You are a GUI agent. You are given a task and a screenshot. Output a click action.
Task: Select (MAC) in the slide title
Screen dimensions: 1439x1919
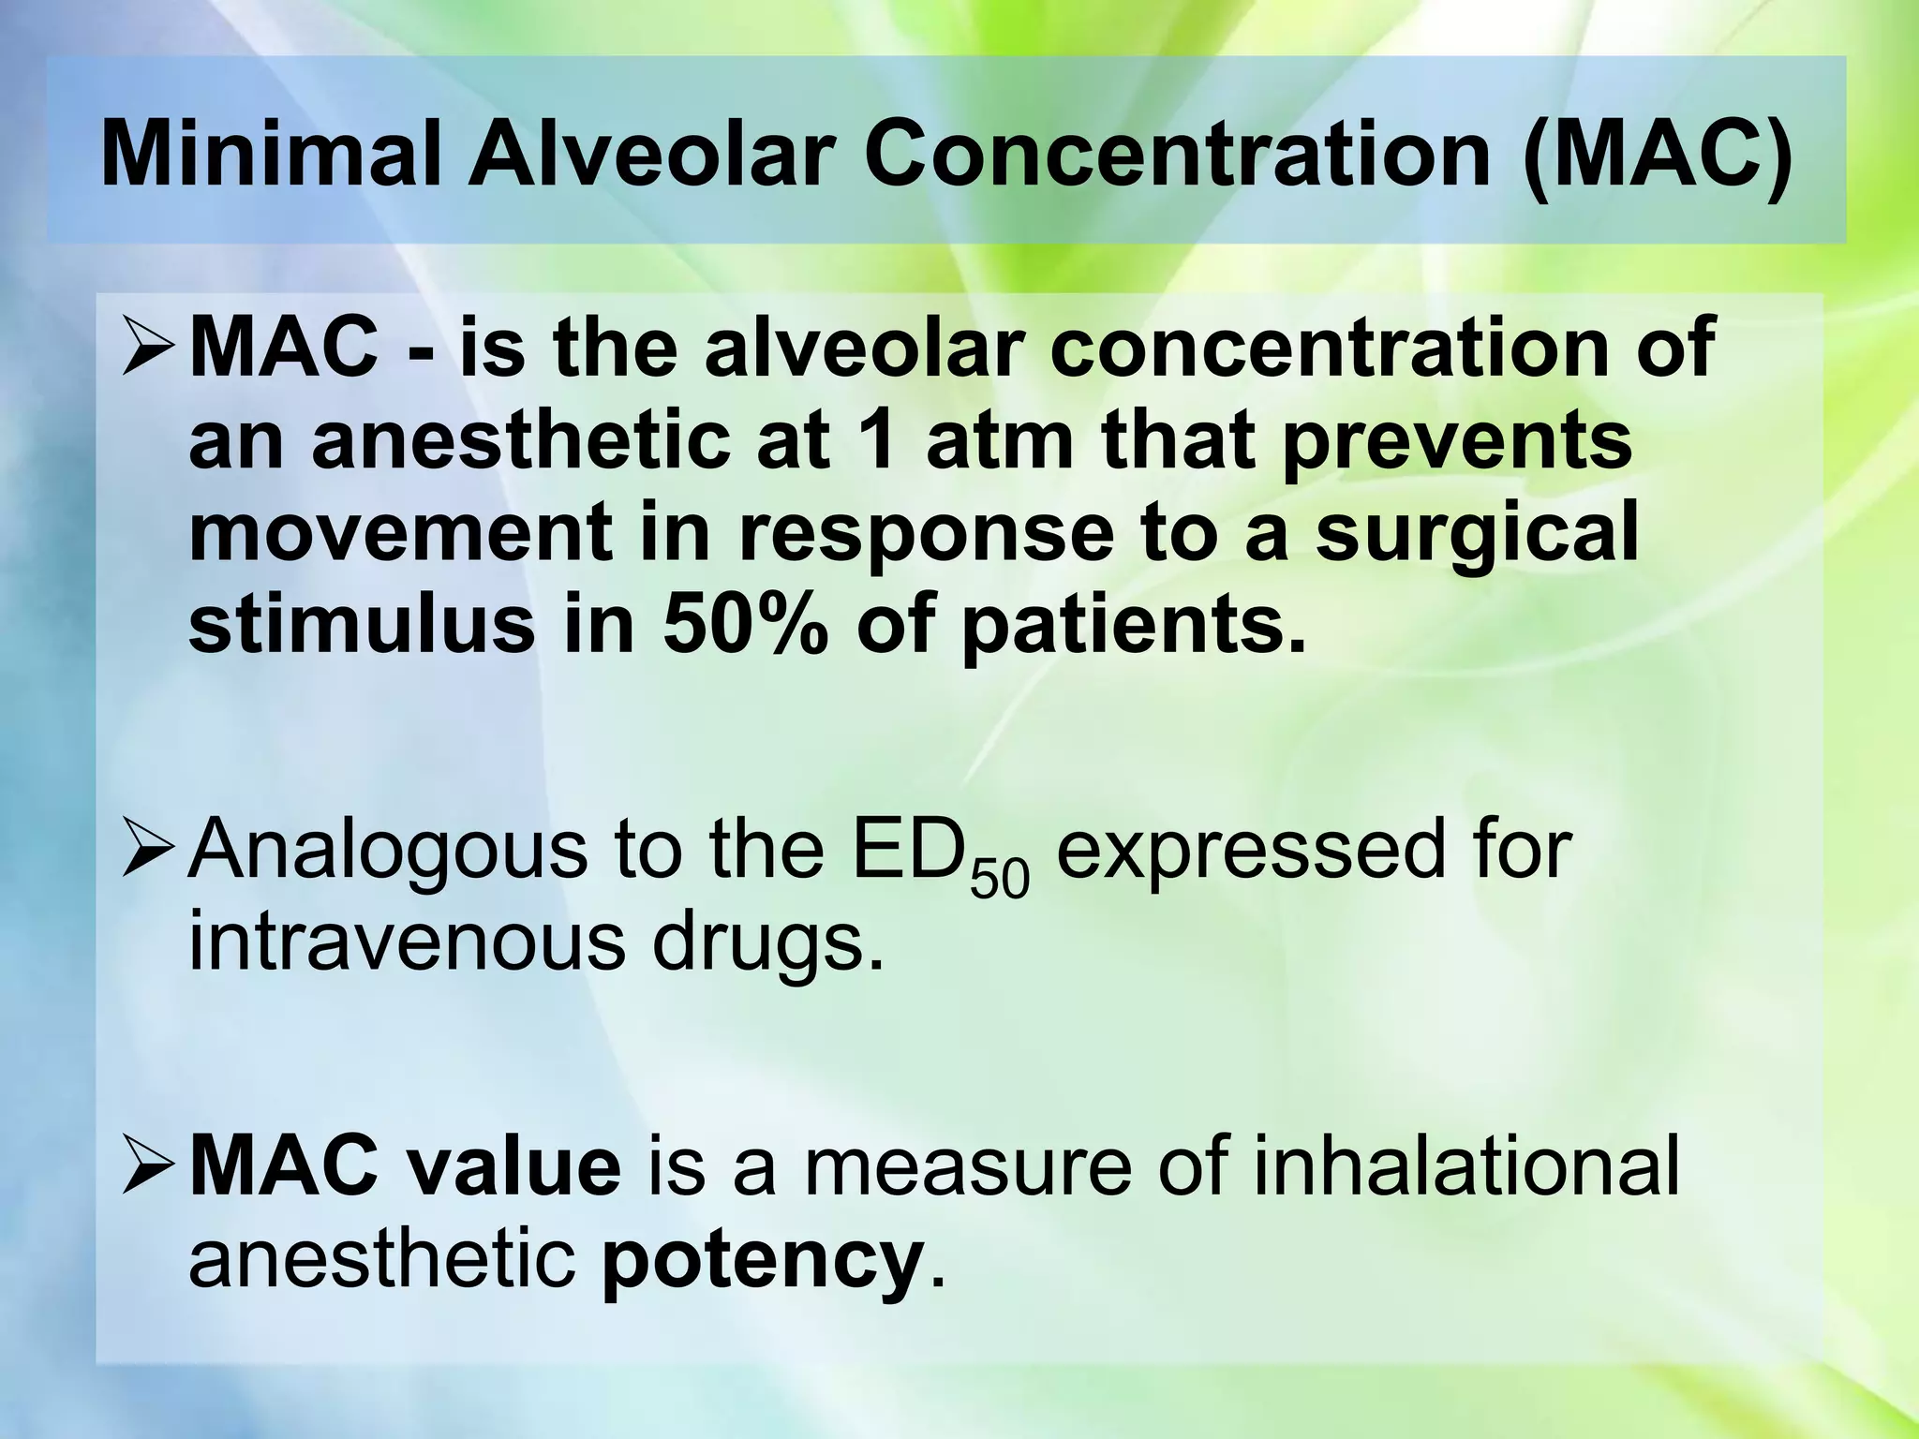point(1659,154)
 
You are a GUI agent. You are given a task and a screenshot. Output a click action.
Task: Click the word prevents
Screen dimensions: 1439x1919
point(1457,441)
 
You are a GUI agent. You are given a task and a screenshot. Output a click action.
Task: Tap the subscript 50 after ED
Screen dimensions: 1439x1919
point(999,881)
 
